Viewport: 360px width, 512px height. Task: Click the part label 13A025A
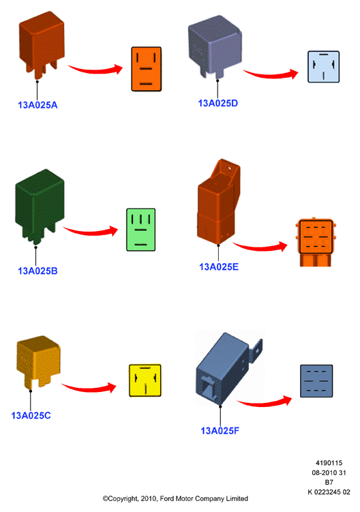[x=37, y=105]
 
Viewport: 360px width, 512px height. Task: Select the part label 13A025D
[x=218, y=103]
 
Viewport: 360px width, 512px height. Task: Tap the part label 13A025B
[x=37, y=271]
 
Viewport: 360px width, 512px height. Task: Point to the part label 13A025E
[x=219, y=267]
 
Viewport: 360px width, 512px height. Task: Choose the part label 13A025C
[x=31, y=416]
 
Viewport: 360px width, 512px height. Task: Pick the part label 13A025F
[x=220, y=431]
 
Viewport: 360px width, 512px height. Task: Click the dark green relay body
[x=40, y=207]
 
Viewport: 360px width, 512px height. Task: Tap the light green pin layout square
[x=141, y=230]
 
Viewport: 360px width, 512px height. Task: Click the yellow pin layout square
[x=145, y=380]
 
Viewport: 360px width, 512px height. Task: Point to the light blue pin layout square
[x=323, y=67]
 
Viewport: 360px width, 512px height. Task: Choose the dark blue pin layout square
[x=316, y=381]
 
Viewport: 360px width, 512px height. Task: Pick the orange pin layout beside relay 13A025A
[x=147, y=69]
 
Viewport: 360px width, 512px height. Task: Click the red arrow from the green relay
[x=91, y=232]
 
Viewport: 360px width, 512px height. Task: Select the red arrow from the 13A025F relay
[x=265, y=403]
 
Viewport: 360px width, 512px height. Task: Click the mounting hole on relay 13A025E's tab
[x=229, y=169]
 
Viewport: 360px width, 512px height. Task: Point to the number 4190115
[x=329, y=463]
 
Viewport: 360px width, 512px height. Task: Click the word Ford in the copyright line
[x=167, y=498]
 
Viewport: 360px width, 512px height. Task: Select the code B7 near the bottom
[x=329, y=482]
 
